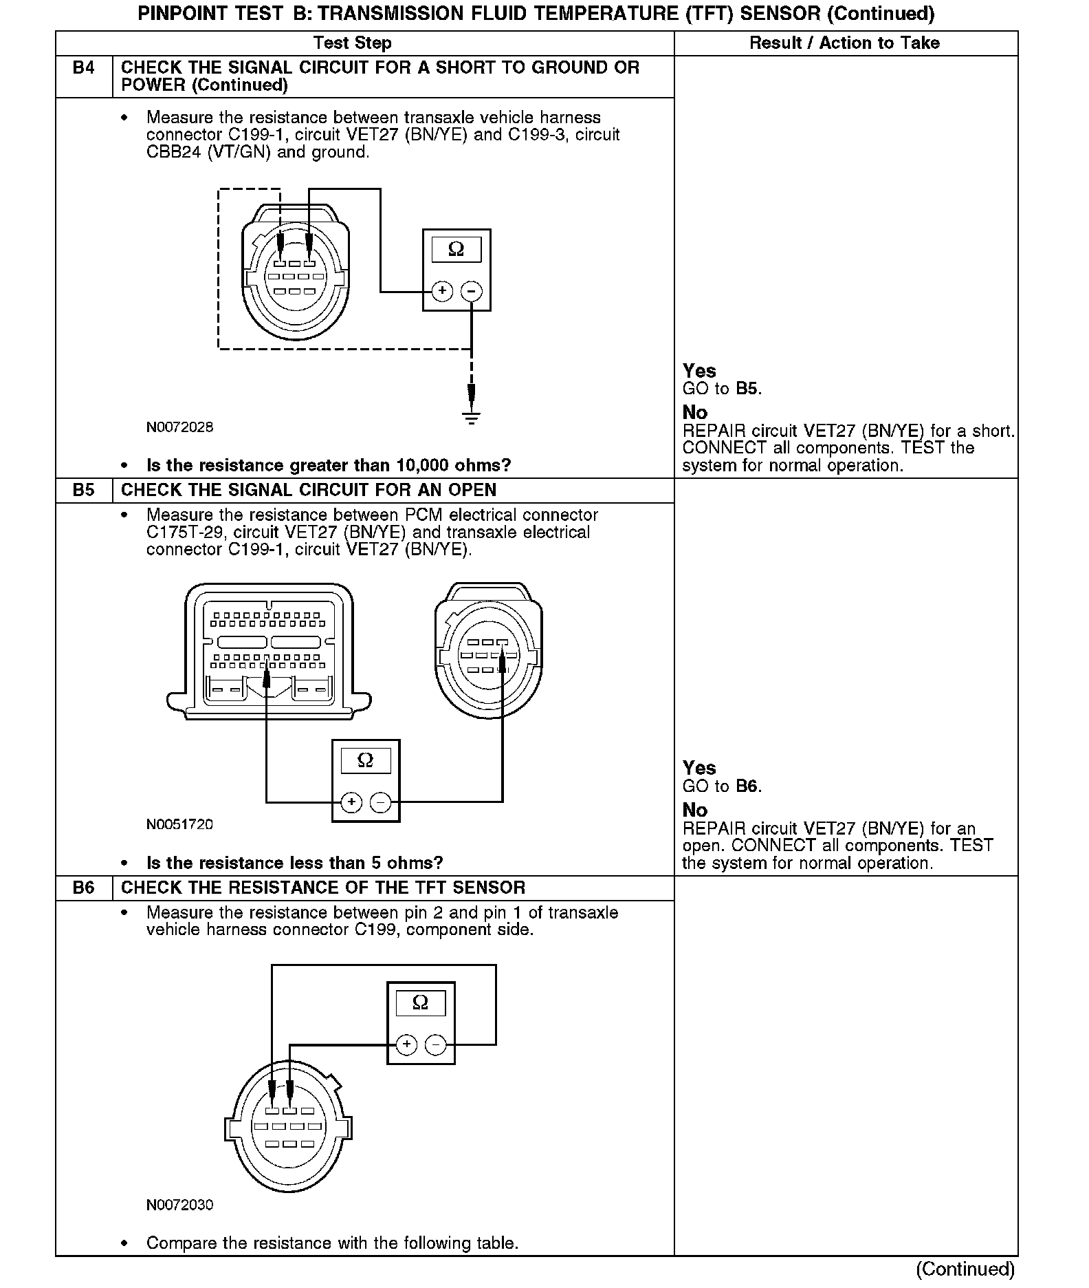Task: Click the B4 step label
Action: (83, 68)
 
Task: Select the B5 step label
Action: (83, 491)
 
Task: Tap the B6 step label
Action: (83, 888)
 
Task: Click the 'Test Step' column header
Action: (352, 43)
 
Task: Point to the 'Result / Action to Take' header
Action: (844, 43)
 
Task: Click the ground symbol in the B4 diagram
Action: (471, 416)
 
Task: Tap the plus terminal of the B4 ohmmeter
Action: (442, 291)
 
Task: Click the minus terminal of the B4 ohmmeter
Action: (471, 291)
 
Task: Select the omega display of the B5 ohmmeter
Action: (366, 760)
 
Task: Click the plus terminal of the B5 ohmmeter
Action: (351, 802)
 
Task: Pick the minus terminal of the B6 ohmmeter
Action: (435, 1045)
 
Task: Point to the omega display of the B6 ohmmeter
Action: (420, 1002)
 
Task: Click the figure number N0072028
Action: (179, 427)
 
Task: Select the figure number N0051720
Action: (179, 824)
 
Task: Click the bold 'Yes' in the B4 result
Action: (698, 371)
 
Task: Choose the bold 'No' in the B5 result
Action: (694, 810)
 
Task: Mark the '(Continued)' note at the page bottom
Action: (965, 1269)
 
